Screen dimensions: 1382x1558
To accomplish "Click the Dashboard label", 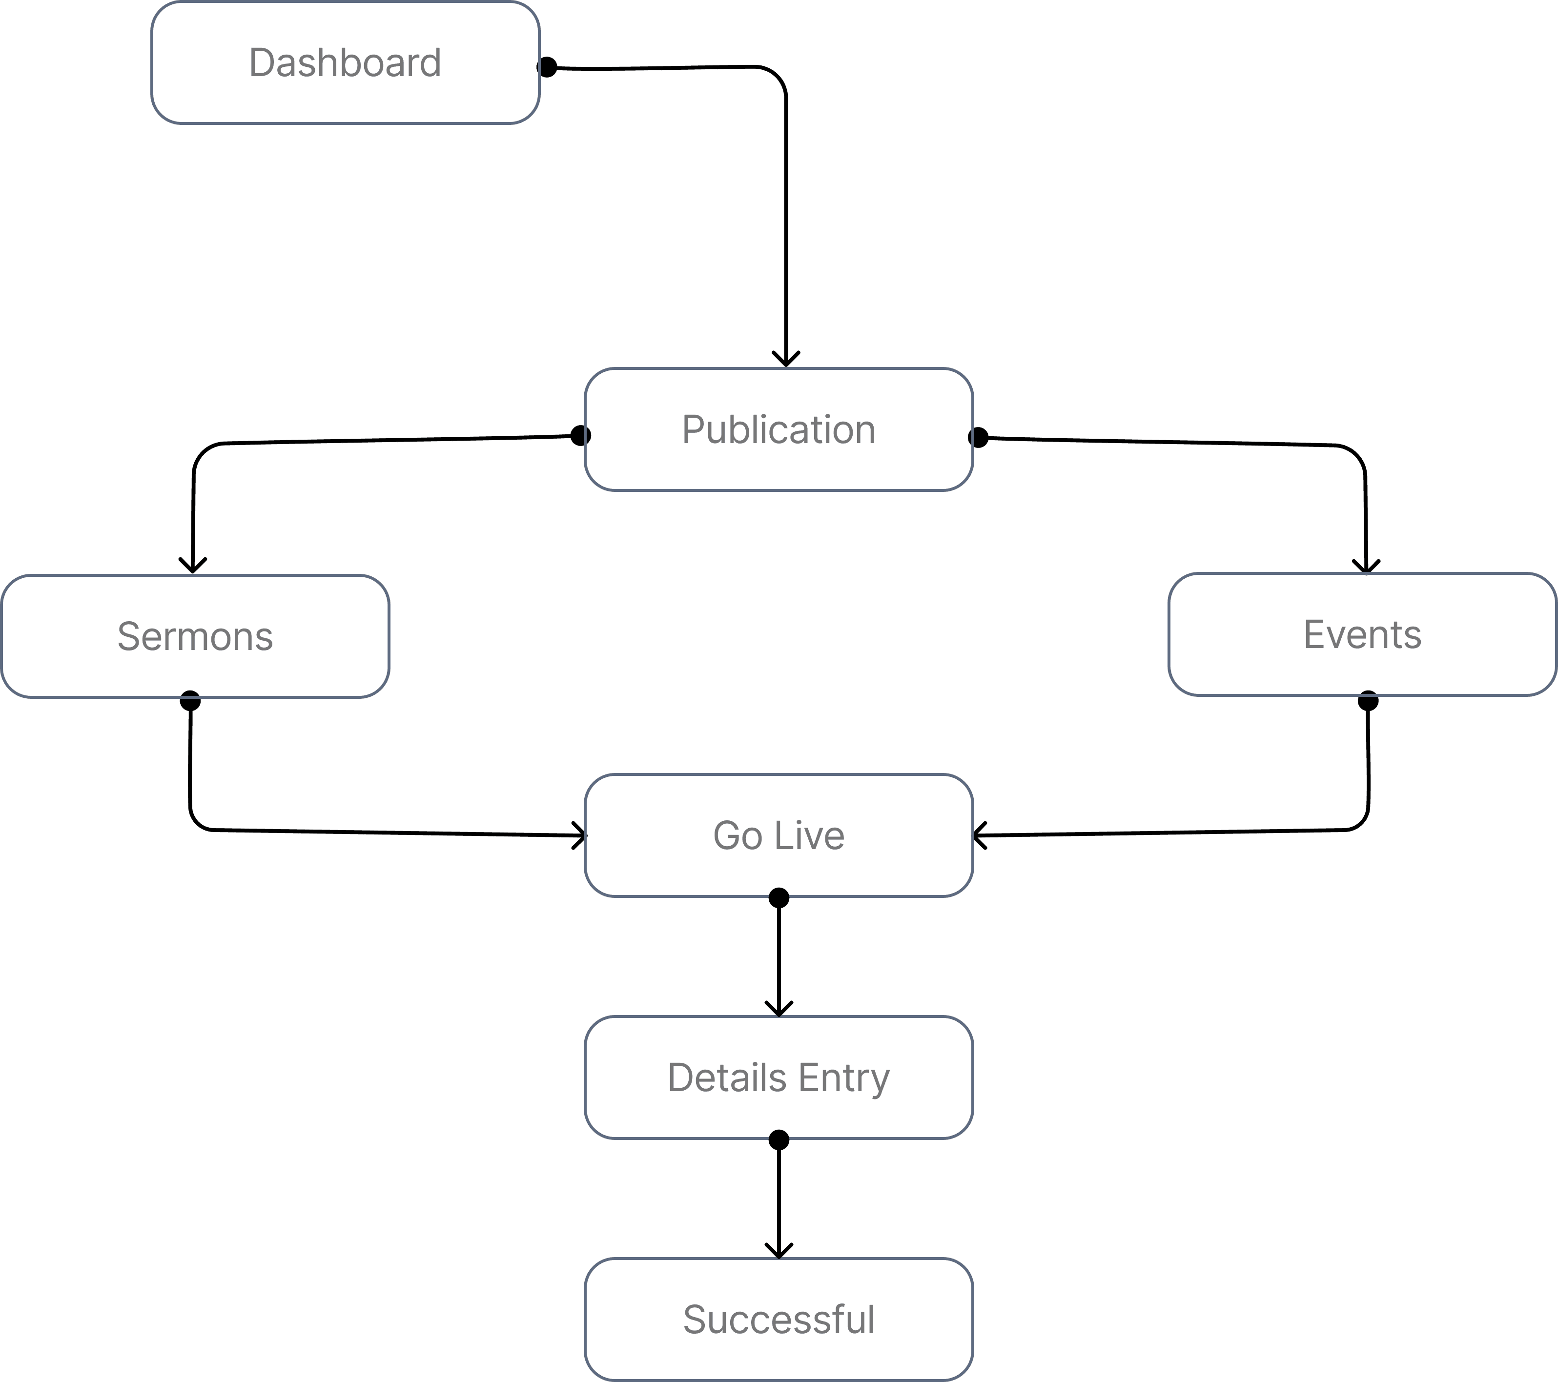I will click(x=345, y=62).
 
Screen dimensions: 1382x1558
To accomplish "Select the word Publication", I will click(x=778, y=430).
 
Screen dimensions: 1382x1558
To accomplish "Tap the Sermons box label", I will click(x=195, y=636).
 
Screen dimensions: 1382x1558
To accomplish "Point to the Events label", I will click(x=1362, y=635).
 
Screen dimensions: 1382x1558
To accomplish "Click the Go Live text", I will click(x=778, y=835).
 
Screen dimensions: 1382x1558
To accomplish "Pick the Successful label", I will click(x=778, y=1320).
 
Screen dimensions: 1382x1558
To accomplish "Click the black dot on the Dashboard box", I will click(x=547, y=68).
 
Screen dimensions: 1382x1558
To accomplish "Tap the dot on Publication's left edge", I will click(x=581, y=435).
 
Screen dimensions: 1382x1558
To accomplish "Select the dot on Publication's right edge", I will click(x=978, y=438).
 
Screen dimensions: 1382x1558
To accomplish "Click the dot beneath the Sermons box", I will click(x=190, y=701).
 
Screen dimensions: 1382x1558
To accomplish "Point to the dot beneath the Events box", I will click(x=1368, y=701).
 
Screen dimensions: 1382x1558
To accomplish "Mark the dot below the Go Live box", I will click(x=778, y=898).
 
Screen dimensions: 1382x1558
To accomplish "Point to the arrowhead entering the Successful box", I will click(x=778, y=1250).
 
